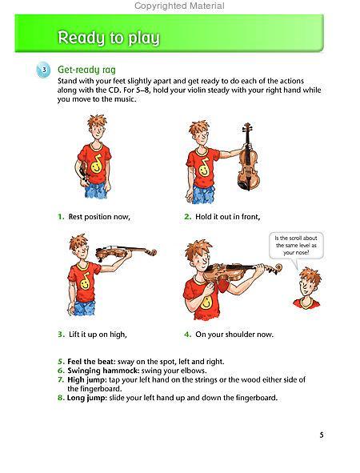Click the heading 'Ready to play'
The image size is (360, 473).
pos(108,38)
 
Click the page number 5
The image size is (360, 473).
pos(321,435)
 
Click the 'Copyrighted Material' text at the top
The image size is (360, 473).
pos(179,6)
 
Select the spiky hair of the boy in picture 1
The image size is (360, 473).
pos(94,122)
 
